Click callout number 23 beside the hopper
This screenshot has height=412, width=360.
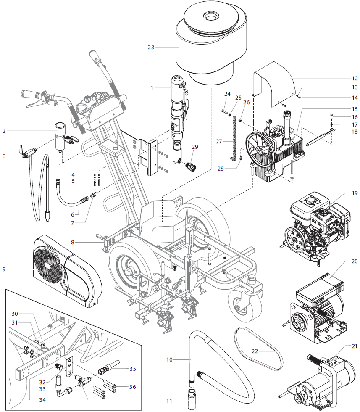(x=151, y=47)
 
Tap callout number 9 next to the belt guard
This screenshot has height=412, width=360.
(x=5, y=269)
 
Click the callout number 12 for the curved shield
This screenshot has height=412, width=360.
(x=355, y=78)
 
